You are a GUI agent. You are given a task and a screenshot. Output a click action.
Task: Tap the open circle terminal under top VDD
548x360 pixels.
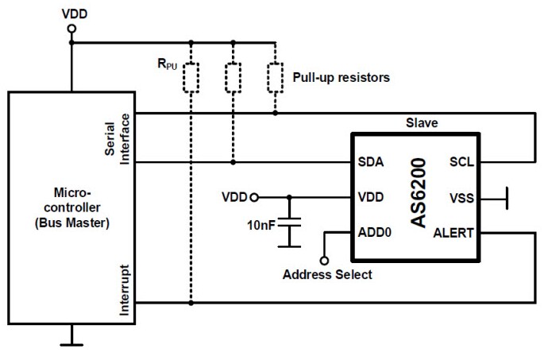coord(72,29)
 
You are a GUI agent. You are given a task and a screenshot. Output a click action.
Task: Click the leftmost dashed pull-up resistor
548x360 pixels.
coord(191,77)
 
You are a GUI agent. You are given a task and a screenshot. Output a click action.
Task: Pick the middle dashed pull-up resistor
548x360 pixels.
coord(233,77)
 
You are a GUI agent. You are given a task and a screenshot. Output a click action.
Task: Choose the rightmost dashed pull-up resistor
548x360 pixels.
coord(275,77)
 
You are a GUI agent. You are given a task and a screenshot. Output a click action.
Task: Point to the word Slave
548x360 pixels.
coord(423,123)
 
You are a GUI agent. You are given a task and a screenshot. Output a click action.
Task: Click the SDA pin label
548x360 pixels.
coord(371,162)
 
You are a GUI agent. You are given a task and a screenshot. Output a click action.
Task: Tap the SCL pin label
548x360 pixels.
coord(461,162)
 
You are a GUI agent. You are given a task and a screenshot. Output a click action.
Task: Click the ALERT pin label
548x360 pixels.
coord(454,232)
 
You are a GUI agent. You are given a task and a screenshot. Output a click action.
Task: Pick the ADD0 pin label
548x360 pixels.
coord(375,232)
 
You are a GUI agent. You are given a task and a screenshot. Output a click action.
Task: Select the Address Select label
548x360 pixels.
coord(327,275)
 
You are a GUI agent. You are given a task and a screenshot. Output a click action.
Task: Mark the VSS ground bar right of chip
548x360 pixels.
coord(506,197)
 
